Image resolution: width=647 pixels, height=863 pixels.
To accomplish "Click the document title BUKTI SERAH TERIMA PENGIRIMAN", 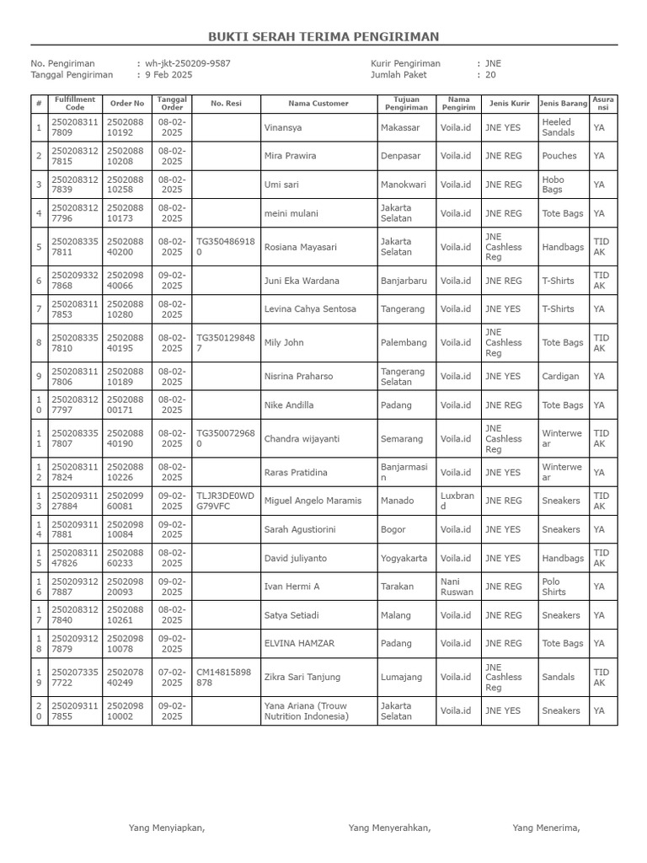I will pos(323,37).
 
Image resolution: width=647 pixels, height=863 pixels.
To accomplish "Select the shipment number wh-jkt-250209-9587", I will pos(187,63).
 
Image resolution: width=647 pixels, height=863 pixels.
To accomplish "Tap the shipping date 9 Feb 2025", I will pos(168,75).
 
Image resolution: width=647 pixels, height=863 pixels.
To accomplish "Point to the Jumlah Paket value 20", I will pos(490,75).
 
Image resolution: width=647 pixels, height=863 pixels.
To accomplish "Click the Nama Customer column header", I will pos(318,104).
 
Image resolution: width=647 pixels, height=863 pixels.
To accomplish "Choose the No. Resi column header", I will pos(226,104).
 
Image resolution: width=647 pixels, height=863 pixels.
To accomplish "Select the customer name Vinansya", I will pos(283,128).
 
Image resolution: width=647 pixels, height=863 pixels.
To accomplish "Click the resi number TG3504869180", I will pos(224,247).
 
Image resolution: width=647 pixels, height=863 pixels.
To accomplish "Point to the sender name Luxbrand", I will pos(457,501).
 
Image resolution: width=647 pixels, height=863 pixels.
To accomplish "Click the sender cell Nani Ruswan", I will pos(457,587).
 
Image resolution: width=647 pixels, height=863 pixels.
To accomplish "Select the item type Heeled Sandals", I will pos(558,127).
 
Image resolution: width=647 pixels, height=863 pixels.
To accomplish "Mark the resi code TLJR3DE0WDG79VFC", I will pos(224,501).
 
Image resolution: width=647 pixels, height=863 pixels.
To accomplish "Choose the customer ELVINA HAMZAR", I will pos(299,643).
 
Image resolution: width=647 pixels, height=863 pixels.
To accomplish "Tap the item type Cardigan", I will pos(560,377).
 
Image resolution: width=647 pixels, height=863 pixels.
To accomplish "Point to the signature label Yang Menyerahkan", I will pos(389,828).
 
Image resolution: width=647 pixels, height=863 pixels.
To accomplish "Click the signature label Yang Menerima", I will pos(546,828).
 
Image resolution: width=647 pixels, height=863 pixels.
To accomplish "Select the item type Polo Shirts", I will pos(554,587).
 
